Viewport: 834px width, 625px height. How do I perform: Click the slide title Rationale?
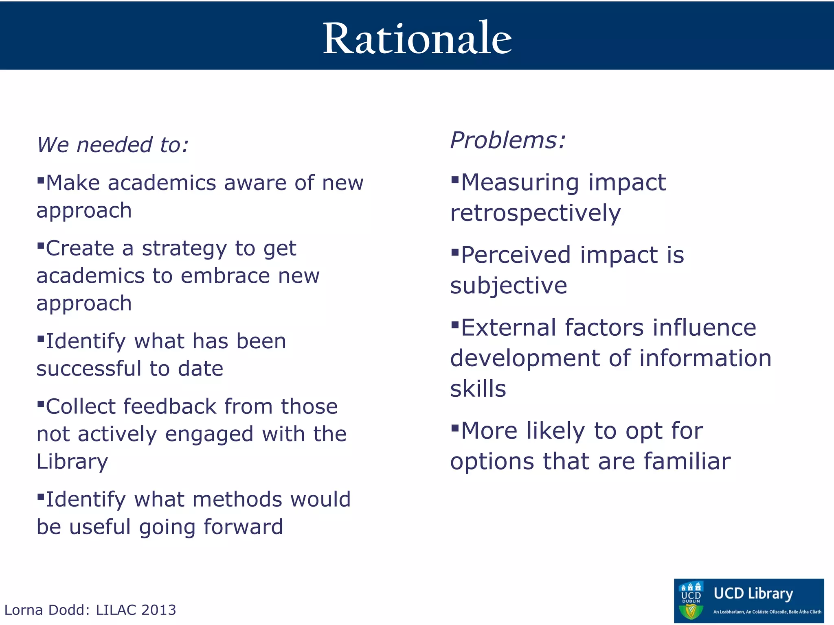417,39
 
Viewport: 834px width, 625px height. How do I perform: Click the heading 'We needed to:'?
113,145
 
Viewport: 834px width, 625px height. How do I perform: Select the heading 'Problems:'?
508,140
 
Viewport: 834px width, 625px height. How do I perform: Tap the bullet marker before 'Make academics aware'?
40,180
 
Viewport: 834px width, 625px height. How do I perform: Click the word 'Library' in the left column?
72,462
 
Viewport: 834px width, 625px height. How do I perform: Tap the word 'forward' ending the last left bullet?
243,527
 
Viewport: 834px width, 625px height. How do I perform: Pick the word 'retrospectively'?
536,213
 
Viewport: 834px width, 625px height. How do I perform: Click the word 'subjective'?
508,286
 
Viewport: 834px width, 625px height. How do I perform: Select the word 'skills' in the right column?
478,389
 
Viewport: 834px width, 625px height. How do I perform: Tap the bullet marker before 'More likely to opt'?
455,428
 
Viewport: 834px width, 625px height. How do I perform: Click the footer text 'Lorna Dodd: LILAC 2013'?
90,610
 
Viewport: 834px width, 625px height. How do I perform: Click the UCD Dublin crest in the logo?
691,601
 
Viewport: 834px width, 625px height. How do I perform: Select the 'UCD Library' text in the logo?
753,594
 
